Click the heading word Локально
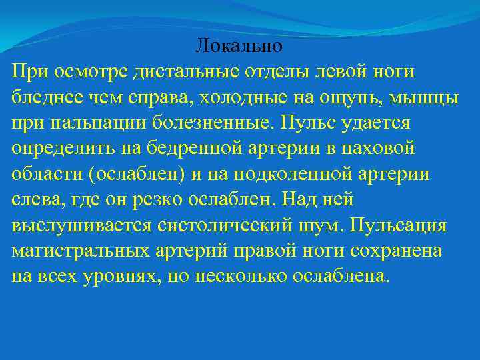239,46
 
